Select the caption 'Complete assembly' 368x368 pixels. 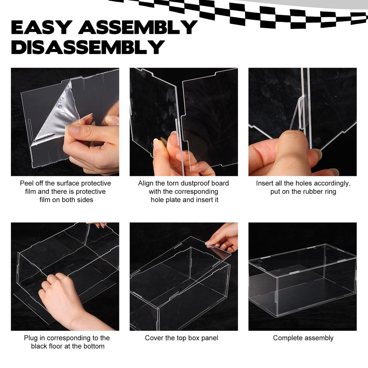point(303,338)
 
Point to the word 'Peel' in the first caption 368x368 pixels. point(27,183)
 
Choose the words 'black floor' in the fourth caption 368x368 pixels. point(48,346)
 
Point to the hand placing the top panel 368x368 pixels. point(223,237)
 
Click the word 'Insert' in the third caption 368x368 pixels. point(265,183)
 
